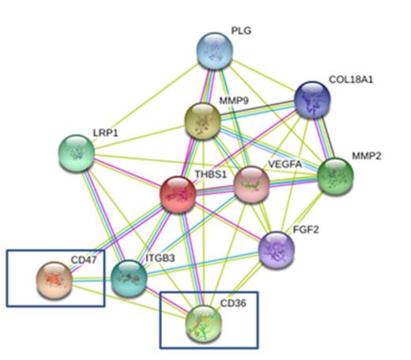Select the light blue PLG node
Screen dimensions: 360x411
tap(215, 51)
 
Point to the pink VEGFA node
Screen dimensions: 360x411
tap(251, 183)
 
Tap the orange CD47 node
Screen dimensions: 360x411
tap(54, 278)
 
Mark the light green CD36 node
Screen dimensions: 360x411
tap(203, 322)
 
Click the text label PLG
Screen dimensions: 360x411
tap(241, 30)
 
